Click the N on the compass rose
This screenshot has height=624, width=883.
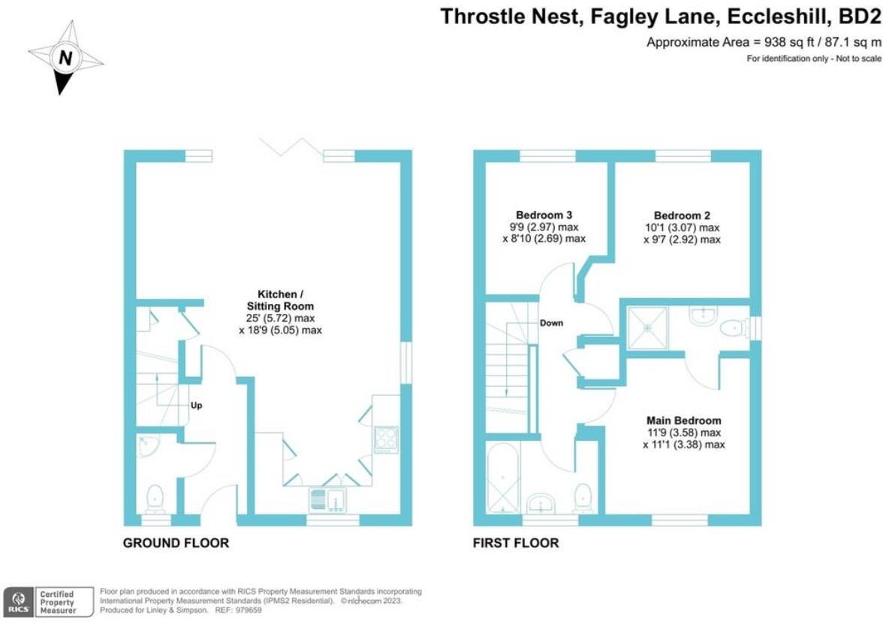pos(66,57)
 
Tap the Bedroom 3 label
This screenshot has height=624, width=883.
pos(544,213)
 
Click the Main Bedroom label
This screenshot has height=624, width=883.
pos(683,421)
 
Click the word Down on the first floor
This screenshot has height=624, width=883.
pos(550,323)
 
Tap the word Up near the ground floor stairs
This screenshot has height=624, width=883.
pos(196,405)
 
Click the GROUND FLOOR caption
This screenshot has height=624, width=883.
pos(176,543)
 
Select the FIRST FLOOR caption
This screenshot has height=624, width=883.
pos(515,543)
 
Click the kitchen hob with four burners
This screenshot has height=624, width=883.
pos(386,439)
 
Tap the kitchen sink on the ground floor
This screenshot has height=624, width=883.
pos(327,498)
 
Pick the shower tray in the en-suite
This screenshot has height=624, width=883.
pos(647,327)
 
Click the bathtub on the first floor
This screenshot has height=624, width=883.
pos(502,476)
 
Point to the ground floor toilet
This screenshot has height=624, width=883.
pos(155,496)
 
